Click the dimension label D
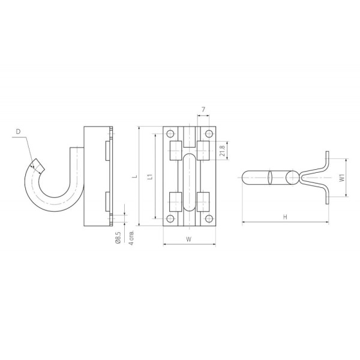coord(18,131)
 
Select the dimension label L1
coord(150,176)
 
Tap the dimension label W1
coord(342,178)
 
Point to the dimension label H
coord(285,217)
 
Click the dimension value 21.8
coord(222,151)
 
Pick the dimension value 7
coord(203,110)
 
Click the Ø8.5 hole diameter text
coord(118,238)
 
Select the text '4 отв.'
coord(131,238)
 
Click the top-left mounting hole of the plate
coord(170,133)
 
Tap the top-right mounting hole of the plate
coord(209,133)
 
